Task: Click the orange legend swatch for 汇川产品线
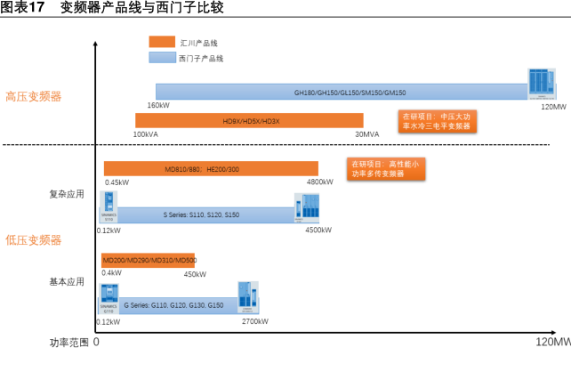(x=162, y=42)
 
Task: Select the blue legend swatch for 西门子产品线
(x=162, y=57)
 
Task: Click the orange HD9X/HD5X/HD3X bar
(x=249, y=120)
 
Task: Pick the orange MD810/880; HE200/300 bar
(x=211, y=168)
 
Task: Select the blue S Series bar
(x=205, y=214)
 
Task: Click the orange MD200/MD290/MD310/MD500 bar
(x=149, y=259)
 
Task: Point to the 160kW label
(x=158, y=105)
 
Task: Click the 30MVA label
(x=367, y=133)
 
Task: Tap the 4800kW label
(x=319, y=182)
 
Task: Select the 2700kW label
(x=255, y=320)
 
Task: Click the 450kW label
(x=195, y=273)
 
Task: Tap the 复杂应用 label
(x=66, y=193)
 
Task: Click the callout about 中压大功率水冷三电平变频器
(x=435, y=121)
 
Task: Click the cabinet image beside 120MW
(x=539, y=84)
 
